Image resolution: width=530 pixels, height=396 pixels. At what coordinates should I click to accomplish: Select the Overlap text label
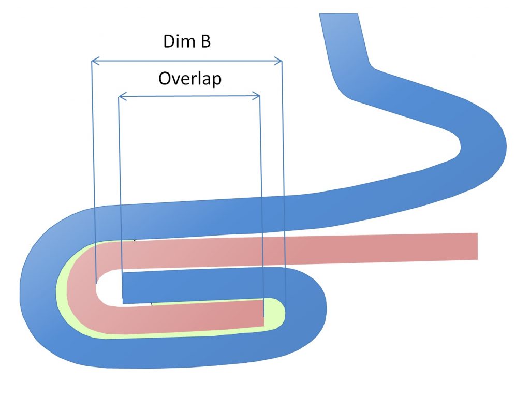(x=189, y=79)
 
